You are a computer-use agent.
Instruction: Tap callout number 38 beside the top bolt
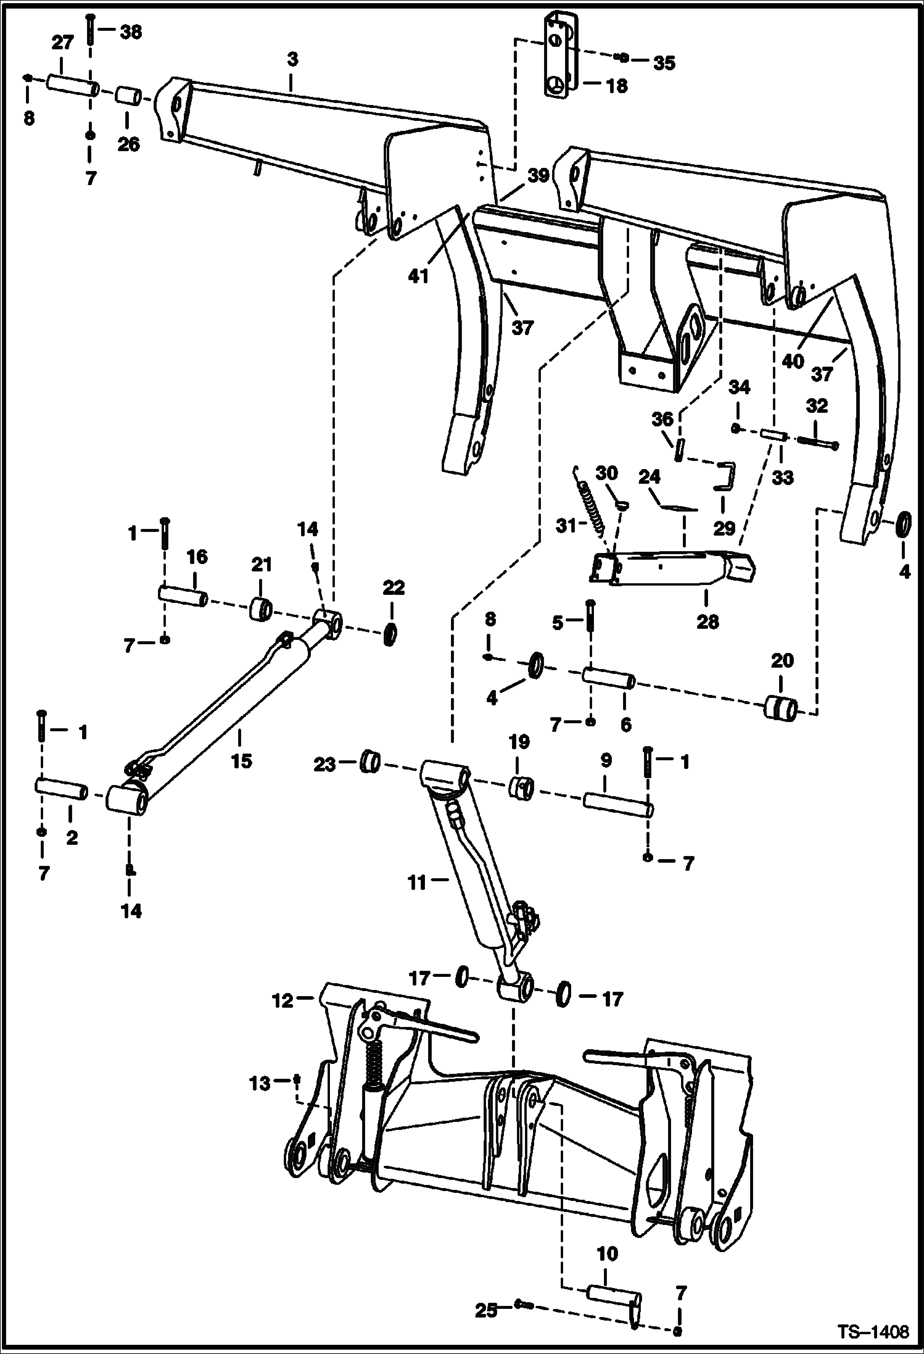point(130,31)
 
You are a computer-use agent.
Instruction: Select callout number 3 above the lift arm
point(292,59)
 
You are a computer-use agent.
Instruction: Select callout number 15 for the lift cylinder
point(241,760)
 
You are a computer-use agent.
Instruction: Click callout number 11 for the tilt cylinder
point(417,883)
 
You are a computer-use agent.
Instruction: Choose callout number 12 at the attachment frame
point(283,1000)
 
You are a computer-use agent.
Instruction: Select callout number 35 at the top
point(664,62)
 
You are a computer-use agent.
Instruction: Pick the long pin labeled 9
point(617,805)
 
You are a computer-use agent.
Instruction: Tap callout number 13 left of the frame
point(260,1083)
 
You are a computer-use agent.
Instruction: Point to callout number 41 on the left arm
point(418,276)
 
